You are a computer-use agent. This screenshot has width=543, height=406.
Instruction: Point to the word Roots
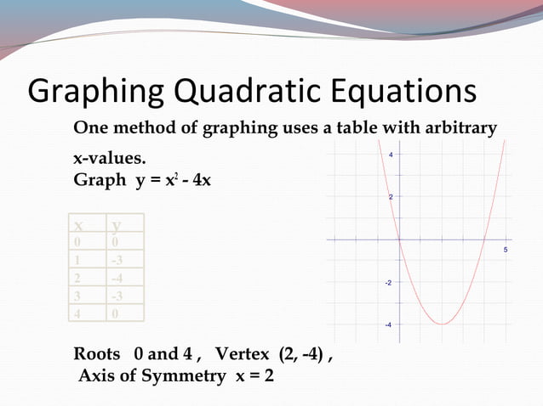(97, 354)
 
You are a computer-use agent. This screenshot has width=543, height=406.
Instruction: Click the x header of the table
(78, 225)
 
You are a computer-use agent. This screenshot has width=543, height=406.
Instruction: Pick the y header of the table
(117, 225)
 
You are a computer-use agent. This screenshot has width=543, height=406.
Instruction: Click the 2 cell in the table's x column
(77, 278)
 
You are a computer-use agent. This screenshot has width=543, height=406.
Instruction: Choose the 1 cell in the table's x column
(77, 260)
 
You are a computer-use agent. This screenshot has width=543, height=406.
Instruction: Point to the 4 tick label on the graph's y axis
(391, 155)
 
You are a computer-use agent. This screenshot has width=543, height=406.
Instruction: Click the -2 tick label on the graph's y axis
(388, 282)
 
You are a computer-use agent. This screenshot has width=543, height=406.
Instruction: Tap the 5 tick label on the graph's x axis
(506, 250)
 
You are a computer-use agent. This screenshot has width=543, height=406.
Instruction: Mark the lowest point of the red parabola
(442, 324)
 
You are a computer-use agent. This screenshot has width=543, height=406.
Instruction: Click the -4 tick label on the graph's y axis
(388, 324)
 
